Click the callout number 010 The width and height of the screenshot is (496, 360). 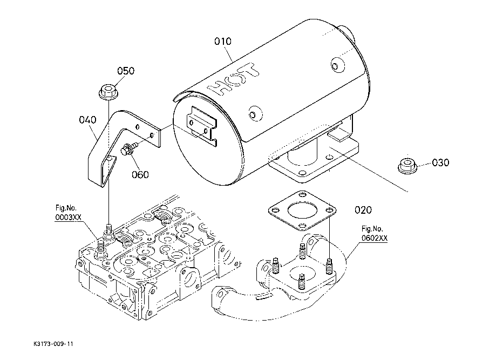(223, 41)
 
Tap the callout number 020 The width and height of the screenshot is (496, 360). (363, 210)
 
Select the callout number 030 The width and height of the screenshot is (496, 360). (440, 162)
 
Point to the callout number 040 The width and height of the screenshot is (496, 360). (87, 120)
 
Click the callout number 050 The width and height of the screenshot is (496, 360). (126, 71)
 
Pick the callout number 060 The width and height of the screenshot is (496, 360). (140, 174)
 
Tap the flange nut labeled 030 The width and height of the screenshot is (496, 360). (407, 165)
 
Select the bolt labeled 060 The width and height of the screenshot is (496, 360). (130, 148)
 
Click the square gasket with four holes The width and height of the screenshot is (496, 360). (302, 210)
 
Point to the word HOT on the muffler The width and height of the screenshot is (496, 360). (234, 79)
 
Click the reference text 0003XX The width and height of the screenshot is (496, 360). (69, 218)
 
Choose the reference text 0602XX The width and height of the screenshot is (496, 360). (375, 238)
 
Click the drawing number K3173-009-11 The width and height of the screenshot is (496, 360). (53, 344)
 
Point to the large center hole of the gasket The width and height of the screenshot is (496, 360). (302, 210)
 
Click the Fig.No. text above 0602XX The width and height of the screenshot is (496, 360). (372, 229)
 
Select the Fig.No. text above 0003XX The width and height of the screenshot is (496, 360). (66, 208)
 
